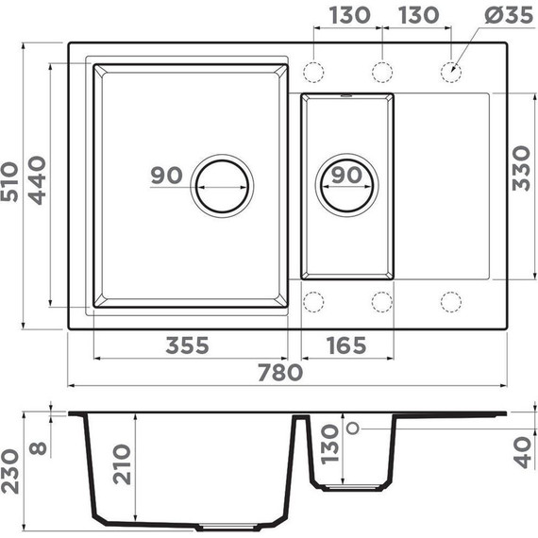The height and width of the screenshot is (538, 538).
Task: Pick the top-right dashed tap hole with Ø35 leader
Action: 452,71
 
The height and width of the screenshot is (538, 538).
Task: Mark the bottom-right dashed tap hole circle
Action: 452,302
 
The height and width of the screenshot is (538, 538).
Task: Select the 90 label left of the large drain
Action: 166,176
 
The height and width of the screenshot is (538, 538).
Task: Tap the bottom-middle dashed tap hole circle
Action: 382,302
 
